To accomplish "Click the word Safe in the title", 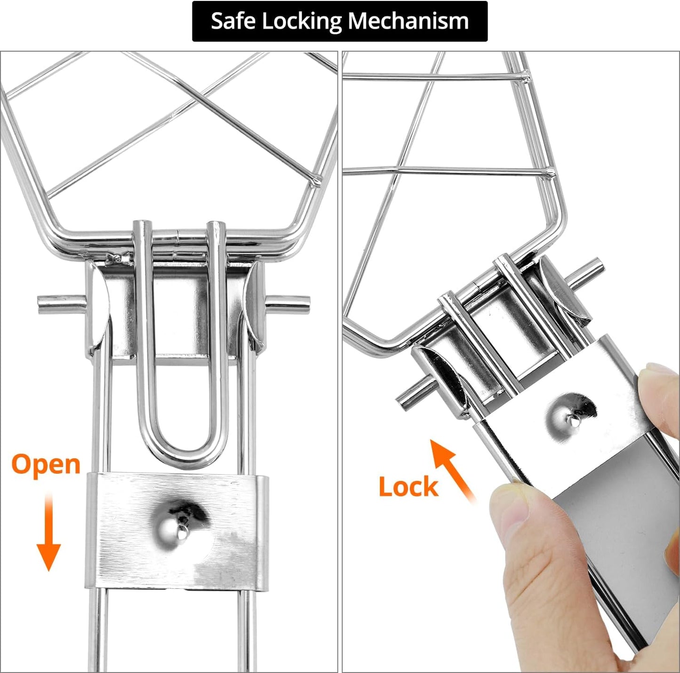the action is point(233,21).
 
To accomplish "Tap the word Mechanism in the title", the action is point(408,21).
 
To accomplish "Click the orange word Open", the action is point(46,465).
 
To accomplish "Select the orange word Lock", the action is point(408,486).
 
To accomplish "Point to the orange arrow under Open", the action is point(48,532).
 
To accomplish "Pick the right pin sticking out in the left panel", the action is point(288,305).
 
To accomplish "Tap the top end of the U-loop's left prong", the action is point(143,224).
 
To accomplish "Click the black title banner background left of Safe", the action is point(201,21).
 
